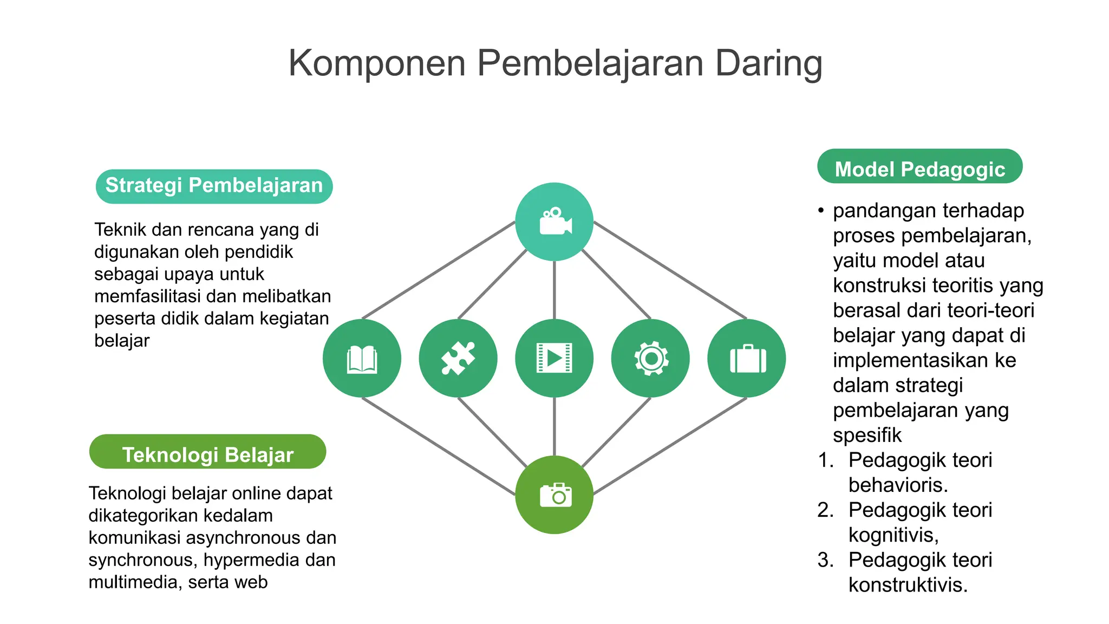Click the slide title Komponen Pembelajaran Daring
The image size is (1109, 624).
point(555,63)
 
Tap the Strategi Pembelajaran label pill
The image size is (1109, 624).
point(214,186)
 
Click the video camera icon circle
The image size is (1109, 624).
point(554,222)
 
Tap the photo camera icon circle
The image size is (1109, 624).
point(554,495)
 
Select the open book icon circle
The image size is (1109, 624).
point(362,358)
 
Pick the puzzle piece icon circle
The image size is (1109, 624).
point(458,358)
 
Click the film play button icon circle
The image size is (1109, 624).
point(554,358)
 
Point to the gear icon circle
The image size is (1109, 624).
point(650,358)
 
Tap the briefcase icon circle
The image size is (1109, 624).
point(747,358)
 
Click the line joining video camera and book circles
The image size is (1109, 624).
point(439,270)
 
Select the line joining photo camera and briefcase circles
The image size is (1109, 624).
point(670,446)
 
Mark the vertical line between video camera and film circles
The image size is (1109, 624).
point(554,290)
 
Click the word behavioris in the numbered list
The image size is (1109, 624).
point(897,485)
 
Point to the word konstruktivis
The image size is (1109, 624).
point(907,585)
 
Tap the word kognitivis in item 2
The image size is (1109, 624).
point(892,535)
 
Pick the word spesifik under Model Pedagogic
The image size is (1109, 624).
point(867,435)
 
